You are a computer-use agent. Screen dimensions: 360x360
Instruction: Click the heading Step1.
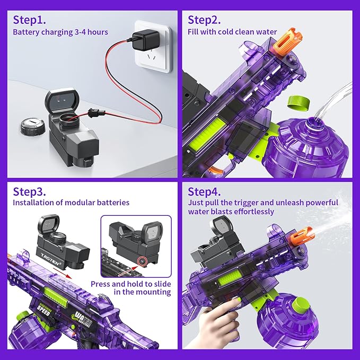click(x=29, y=20)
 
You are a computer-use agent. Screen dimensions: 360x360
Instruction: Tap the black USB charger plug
click(x=146, y=41)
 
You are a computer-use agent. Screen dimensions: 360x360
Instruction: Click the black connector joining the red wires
click(x=96, y=113)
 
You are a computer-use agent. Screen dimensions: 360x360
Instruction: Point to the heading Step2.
click(x=204, y=20)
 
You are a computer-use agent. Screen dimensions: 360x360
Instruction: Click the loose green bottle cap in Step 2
click(x=298, y=103)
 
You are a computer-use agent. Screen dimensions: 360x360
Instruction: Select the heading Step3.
click(x=29, y=192)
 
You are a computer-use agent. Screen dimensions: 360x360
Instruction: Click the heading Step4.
click(x=204, y=192)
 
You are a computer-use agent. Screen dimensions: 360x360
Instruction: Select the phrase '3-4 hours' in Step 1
click(x=91, y=32)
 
